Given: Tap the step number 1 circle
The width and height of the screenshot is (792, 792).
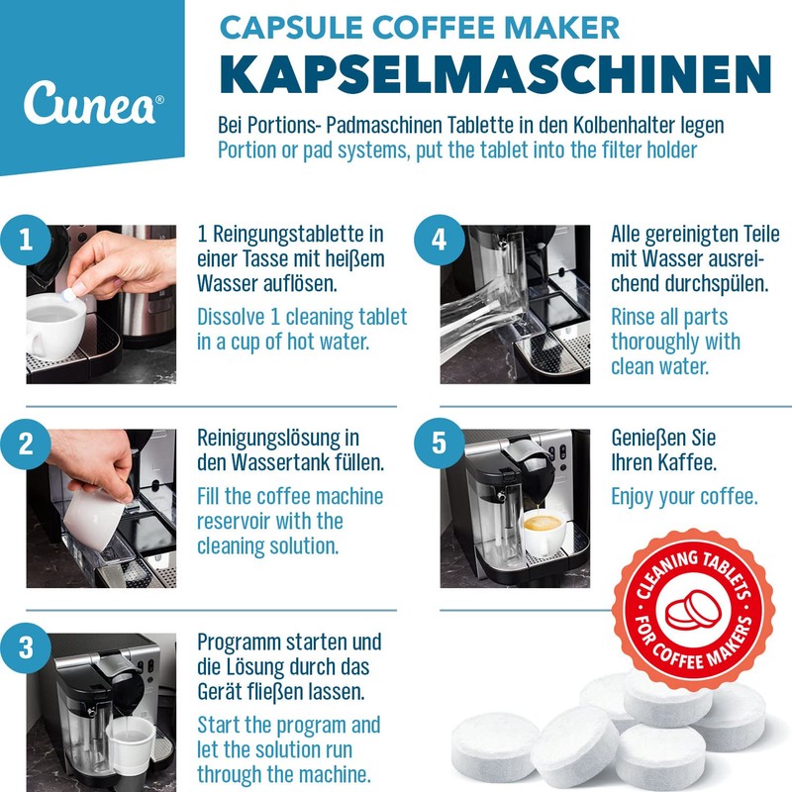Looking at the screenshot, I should pos(25,242).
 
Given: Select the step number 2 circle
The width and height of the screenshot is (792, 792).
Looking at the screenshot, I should pos(25,445).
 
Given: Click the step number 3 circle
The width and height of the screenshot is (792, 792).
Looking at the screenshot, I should pos(25,649).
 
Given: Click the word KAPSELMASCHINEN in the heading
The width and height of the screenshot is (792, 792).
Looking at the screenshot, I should pos(494,76).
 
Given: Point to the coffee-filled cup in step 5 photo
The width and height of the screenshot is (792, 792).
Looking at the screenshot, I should pos(544,532).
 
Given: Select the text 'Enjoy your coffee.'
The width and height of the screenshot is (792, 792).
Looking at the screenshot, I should pos(684,496).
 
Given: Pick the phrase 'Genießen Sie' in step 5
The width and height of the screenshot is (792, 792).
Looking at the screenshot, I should pos(663,438).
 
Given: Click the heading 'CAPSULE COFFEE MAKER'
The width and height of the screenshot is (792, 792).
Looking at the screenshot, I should pos(420,27).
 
